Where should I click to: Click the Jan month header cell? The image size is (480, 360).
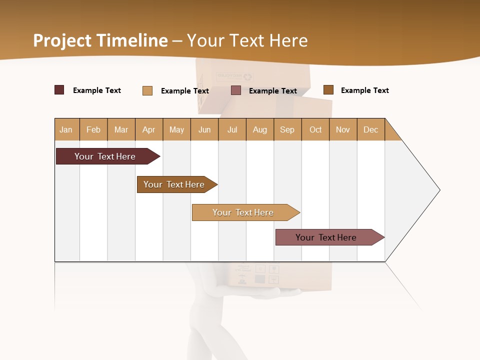click(66, 129)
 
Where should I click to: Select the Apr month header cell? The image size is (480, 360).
click(149, 129)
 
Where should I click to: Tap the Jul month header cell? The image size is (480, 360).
click(232, 129)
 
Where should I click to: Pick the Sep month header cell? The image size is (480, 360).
click(287, 129)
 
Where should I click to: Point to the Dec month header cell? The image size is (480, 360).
click(371, 129)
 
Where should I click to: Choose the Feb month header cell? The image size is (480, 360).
click(93, 129)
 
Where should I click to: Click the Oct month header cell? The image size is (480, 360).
click(315, 129)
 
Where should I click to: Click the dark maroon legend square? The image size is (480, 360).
click(59, 90)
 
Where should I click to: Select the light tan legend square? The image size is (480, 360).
click(147, 90)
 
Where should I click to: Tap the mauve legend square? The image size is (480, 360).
click(236, 90)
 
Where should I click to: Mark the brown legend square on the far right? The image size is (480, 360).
click(328, 90)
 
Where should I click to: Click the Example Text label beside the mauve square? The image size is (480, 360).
click(273, 91)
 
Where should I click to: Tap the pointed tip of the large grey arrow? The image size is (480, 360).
click(438, 190)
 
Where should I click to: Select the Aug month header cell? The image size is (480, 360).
click(260, 129)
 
